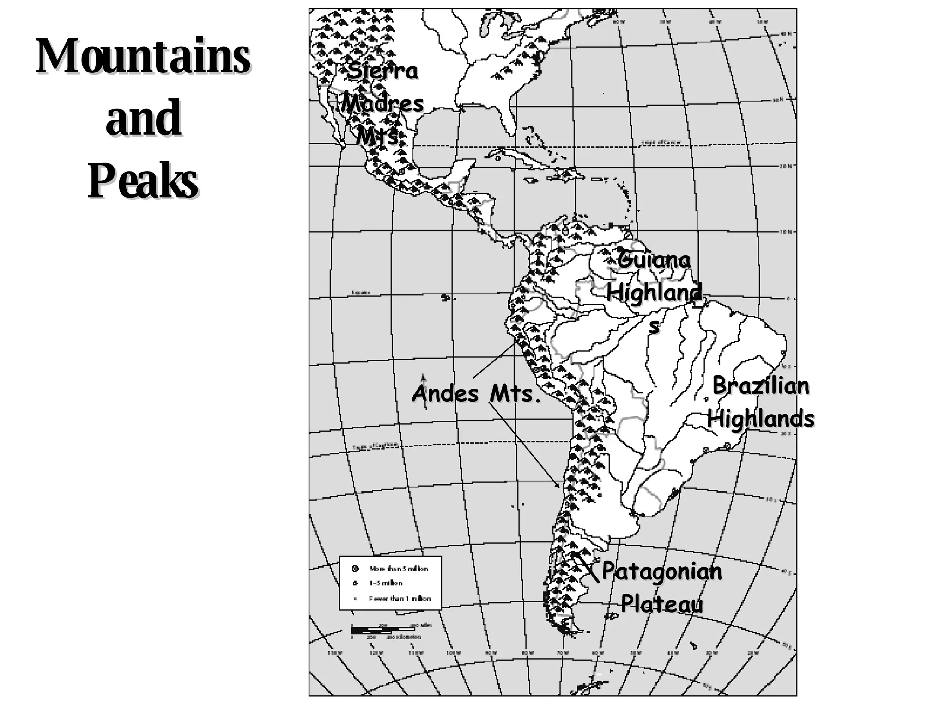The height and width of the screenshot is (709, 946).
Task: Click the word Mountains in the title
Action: [x=143, y=56]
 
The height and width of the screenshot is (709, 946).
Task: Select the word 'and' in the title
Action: [x=143, y=118]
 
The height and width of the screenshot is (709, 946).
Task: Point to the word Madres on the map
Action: [x=382, y=103]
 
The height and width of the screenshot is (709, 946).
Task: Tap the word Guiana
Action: [x=654, y=260]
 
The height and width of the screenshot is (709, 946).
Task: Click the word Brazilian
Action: [x=761, y=386]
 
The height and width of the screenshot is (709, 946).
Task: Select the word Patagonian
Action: [x=661, y=572]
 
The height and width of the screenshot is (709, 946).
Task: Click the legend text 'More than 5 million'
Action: [x=399, y=569]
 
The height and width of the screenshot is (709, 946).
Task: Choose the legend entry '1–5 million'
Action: [x=386, y=583]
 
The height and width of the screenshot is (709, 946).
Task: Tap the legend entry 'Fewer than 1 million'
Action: [x=400, y=599]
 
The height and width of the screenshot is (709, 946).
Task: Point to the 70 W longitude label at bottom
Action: [x=562, y=653]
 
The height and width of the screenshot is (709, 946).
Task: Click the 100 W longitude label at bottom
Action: [x=453, y=653]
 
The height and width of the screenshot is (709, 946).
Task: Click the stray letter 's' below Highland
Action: [x=654, y=326]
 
